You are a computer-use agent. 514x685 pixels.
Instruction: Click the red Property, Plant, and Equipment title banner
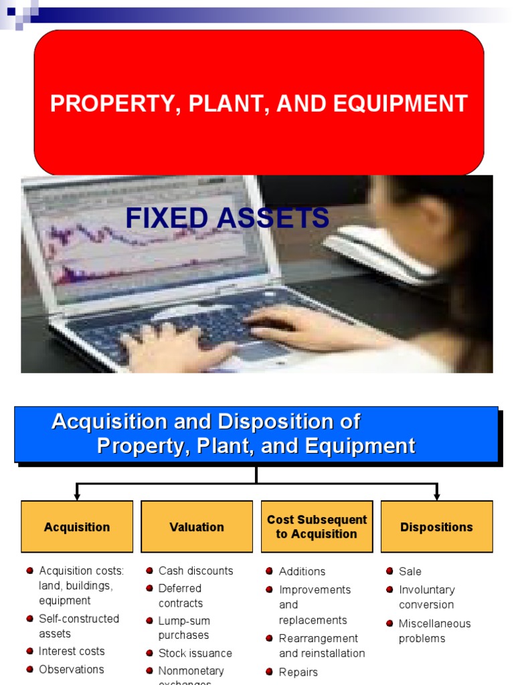[x=259, y=104]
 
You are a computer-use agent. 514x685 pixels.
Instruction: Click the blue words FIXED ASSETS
[x=228, y=218]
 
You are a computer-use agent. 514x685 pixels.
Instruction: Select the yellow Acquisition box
[x=77, y=527]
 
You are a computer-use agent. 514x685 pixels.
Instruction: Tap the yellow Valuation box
[x=197, y=527]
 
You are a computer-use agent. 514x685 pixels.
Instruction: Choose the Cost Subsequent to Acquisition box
[x=317, y=527]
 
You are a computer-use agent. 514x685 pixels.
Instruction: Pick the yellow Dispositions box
[x=436, y=527]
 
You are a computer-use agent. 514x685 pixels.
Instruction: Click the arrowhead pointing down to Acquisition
[x=78, y=496]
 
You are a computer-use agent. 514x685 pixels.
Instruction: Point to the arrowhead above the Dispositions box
[x=436, y=496]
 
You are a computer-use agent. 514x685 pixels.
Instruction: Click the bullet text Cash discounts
[x=195, y=571]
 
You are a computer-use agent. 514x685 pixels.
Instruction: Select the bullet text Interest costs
[x=72, y=651]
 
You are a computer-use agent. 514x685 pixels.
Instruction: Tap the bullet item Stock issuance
[x=195, y=653]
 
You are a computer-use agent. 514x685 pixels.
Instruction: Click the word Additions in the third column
[x=302, y=571]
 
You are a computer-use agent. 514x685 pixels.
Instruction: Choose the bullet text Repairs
[x=298, y=672]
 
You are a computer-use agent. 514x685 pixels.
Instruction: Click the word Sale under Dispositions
[x=410, y=571]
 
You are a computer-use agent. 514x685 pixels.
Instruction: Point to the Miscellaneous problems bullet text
[x=434, y=631]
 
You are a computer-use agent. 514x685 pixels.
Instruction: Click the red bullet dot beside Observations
[x=29, y=669]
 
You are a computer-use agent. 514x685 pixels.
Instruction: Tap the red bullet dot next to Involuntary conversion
[x=390, y=589]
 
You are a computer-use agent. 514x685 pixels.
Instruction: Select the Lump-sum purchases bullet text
[x=183, y=627]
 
